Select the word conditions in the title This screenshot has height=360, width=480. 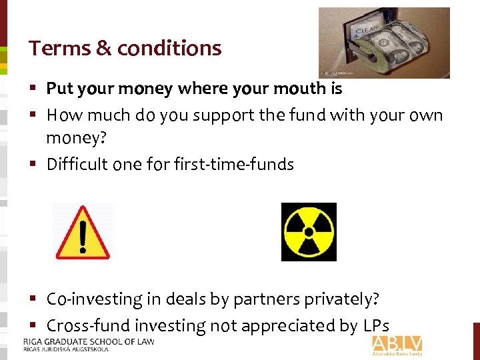click(169, 48)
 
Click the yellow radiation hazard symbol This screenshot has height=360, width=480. click(309, 231)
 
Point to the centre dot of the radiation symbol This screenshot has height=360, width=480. click(309, 232)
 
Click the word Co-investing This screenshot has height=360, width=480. click(94, 300)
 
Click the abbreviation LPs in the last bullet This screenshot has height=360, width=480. click(375, 326)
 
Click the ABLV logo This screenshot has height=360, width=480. click(397, 345)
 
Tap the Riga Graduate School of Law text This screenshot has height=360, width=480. click(85, 342)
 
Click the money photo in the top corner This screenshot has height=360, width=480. click(384, 43)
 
